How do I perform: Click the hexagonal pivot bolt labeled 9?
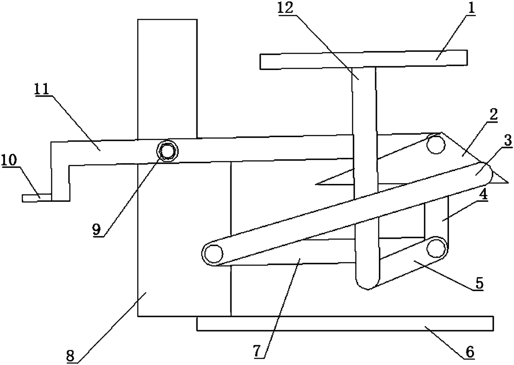[167, 150]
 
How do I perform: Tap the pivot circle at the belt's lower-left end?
[212, 252]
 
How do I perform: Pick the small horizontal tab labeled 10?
[36, 198]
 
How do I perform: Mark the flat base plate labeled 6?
[345, 323]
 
